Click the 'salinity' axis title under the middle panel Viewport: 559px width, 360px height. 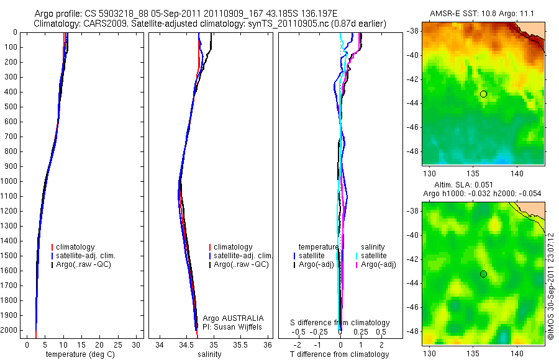tap(210, 354)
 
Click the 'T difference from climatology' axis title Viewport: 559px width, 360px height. tap(339, 354)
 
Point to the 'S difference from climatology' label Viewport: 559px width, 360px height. tap(340, 323)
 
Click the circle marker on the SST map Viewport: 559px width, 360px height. tap(483, 94)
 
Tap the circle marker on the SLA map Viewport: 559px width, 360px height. tap(483, 274)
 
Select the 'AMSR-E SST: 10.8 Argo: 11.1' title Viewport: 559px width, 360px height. tap(483, 14)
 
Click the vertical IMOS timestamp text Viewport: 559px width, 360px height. tap(552, 286)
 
